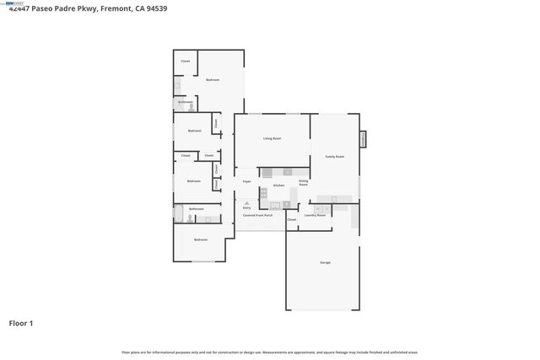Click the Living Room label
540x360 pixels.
pyautogui.click(x=272, y=138)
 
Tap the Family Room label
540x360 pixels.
pyautogui.click(x=335, y=157)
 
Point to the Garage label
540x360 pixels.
pyautogui.click(x=325, y=263)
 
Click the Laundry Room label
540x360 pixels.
pyautogui.click(x=315, y=215)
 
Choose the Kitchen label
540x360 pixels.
pyautogui.click(x=278, y=185)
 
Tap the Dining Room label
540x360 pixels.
pyautogui.click(x=303, y=182)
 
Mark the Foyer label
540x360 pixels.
pyautogui.click(x=247, y=181)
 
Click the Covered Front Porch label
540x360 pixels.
pyautogui.click(x=257, y=215)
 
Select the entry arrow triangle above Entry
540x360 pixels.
pyautogui.click(x=246, y=203)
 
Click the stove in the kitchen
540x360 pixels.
pyautogui.click(x=263, y=194)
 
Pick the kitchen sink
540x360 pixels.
pyautogui.click(x=274, y=205)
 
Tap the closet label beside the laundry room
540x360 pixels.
pyautogui.click(x=291, y=219)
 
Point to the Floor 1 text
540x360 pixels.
pyautogui.click(x=21, y=323)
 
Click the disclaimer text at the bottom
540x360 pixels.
pyautogui.click(x=270, y=352)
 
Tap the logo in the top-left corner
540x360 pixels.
pyautogui.click(x=10, y=3)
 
